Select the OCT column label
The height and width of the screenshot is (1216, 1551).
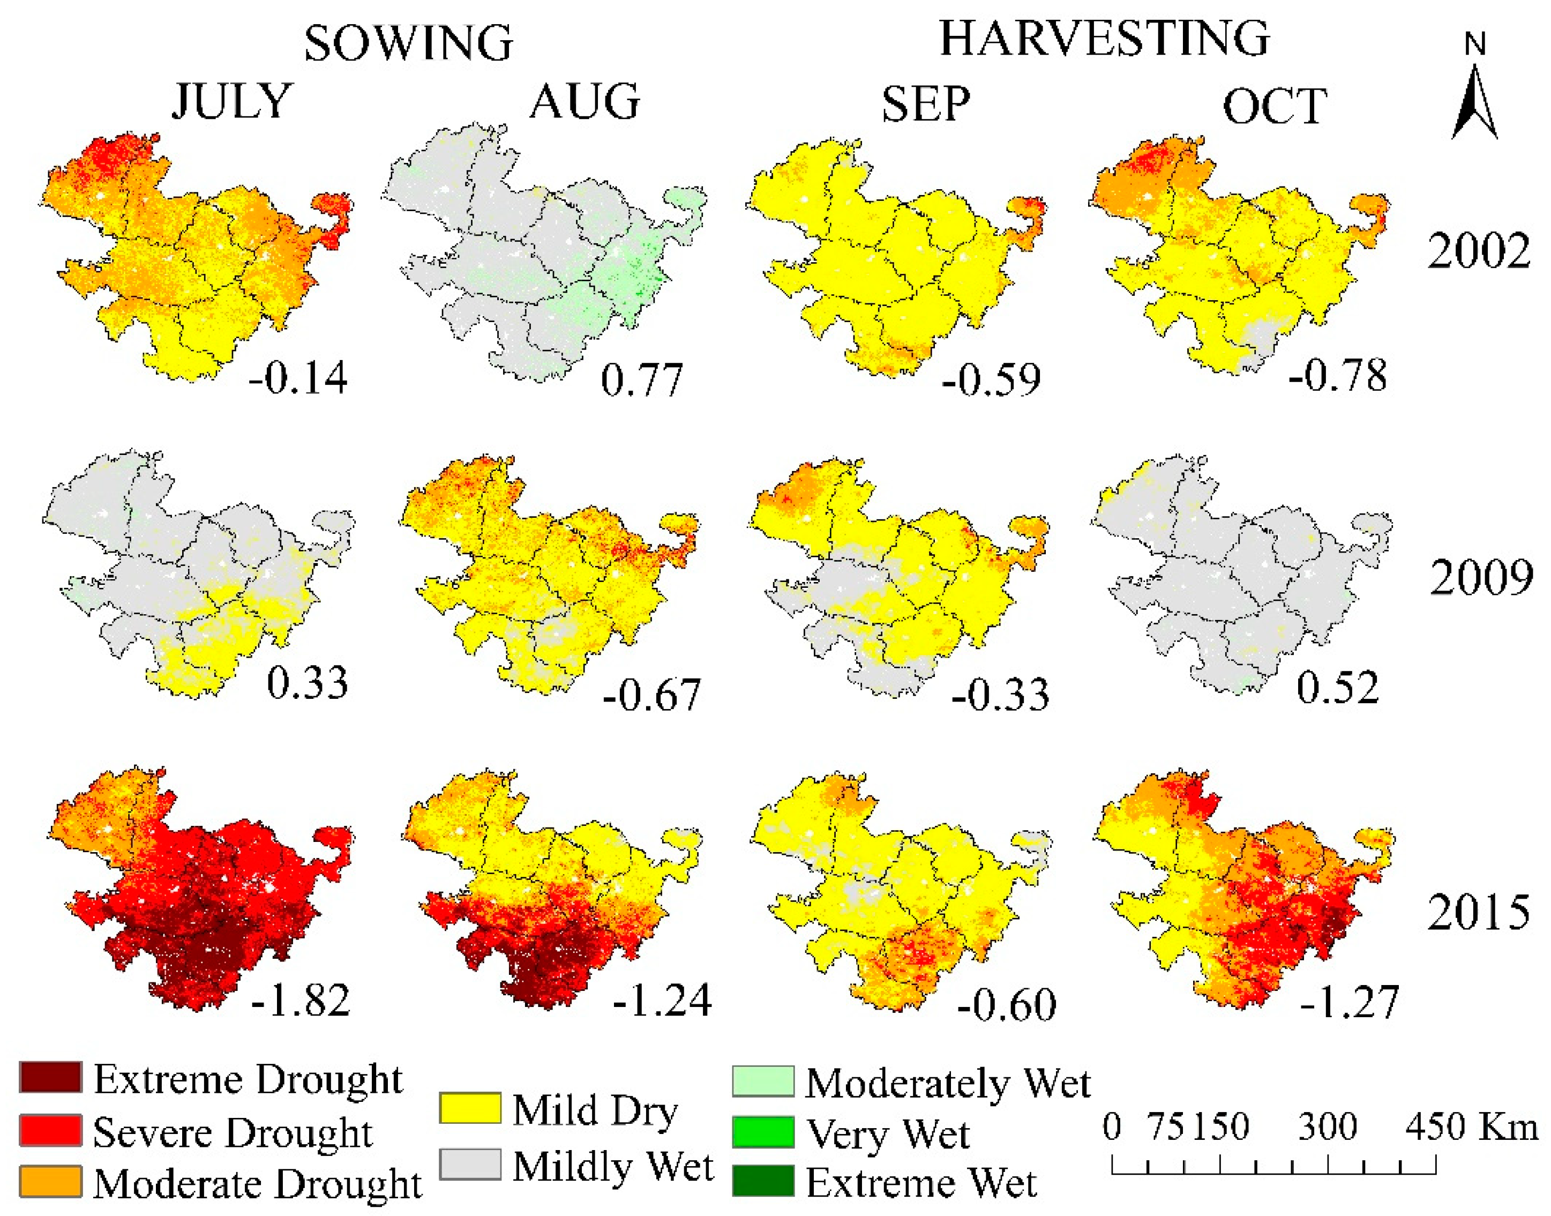[x=1274, y=107]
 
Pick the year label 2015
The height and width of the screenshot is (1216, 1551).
[x=1478, y=912]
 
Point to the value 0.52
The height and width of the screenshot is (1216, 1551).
[x=1337, y=688]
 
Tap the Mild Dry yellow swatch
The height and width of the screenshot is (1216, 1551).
[x=469, y=1108]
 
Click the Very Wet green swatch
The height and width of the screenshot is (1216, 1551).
[x=763, y=1132]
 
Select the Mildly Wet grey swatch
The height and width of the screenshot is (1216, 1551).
[x=469, y=1164]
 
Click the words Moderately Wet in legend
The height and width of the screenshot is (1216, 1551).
[x=947, y=1084]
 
